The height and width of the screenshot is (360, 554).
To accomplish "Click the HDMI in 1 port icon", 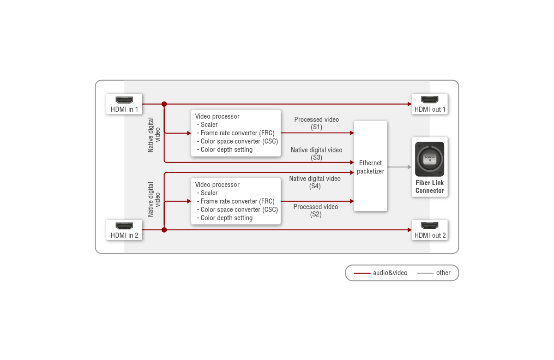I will click(124, 100).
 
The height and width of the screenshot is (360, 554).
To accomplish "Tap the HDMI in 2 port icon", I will click(124, 226).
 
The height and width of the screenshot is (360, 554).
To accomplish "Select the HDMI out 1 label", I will click(430, 109).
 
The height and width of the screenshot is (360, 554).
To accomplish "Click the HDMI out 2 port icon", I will click(430, 226).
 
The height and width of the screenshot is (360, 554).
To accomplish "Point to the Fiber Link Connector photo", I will click(429, 159).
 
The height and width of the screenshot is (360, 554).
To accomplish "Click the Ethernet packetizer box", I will click(370, 166).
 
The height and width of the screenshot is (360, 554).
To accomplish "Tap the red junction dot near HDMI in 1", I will click(164, 104).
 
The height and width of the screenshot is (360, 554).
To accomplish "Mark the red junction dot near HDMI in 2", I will click(164, 229).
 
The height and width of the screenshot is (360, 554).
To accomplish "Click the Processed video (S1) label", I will click(316, 123).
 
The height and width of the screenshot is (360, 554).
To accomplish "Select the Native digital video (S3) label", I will click(316, 154).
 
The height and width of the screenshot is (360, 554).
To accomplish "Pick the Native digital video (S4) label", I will click(315, 182).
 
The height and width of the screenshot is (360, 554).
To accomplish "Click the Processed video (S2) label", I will click(316, 210).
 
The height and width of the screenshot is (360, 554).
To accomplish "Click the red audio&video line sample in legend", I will click(362, 273).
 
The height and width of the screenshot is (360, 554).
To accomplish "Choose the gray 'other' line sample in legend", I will click(425, 273).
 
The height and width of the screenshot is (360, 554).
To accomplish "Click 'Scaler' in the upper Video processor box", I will click(209, 125).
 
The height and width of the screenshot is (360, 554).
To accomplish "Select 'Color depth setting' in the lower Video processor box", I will click(227, 218).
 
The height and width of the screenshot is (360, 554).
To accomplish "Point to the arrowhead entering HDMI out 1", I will click(409, 104).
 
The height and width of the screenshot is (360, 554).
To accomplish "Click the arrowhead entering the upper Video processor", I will click(188, 133).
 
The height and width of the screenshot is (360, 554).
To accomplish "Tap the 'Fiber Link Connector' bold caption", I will click(429, 186).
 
